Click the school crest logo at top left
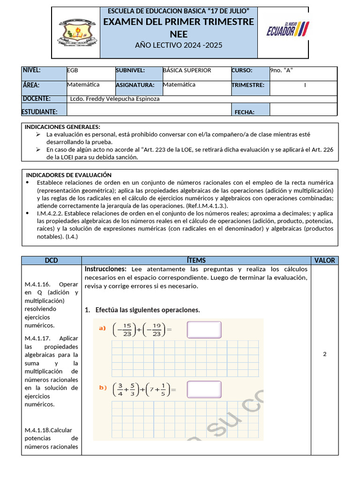coord(77,33)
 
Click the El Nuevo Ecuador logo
coord(287,30)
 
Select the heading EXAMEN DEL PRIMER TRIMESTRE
coord(179,22)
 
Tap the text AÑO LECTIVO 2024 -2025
coord(179,45)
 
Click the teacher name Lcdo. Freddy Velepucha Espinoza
coord(116,99)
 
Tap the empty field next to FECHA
coord(303,110)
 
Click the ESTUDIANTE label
coord(40,112)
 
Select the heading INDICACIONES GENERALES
coord(62,127)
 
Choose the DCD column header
coord(52,260)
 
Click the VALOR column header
coord(324,260)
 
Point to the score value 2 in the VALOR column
coord(324,354)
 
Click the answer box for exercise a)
coord(204,329)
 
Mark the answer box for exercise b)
coord(204,389)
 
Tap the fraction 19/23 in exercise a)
coord(156,330)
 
